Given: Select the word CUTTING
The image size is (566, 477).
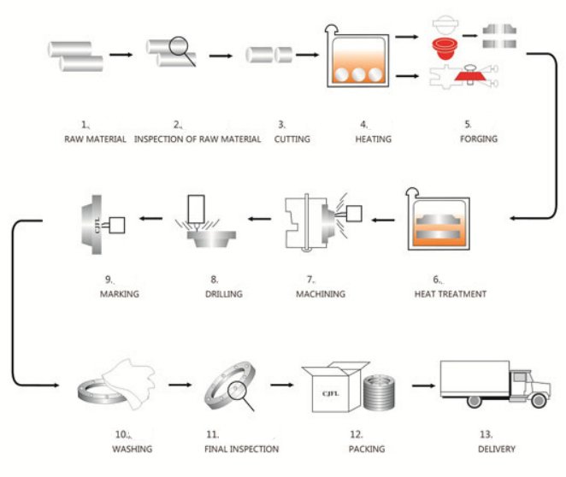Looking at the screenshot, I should pyautogui.click(x=292, y=138).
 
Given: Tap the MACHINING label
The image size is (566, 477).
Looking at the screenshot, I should pyautogui.click(x=320, y=294).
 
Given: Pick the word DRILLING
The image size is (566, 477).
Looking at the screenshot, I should pyautogui.click(x=224, y=294).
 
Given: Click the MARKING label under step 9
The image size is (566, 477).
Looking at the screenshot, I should pyautogui.click(x=119, y=294).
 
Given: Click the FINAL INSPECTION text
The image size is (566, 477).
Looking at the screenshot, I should pyautogui.click(x=241, y=448).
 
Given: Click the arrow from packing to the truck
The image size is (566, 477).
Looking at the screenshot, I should pyautogui.click(x=422, y=386).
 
